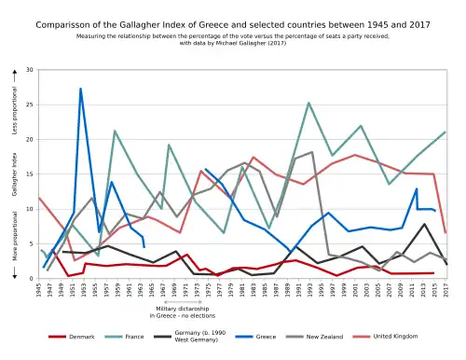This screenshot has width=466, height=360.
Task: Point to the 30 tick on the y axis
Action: click(30, 71)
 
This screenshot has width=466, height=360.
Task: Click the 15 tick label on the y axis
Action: click(30, 174)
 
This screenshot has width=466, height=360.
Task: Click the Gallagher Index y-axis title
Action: click(15, 174)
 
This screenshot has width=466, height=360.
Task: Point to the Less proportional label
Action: click(15, 112)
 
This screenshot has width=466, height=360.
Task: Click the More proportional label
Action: click(15, 238)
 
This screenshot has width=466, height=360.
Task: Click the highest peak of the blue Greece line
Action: click(81, 89)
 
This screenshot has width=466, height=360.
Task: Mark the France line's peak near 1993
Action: click(308, 103)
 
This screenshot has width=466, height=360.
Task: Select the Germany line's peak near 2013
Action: click(424, 224)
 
